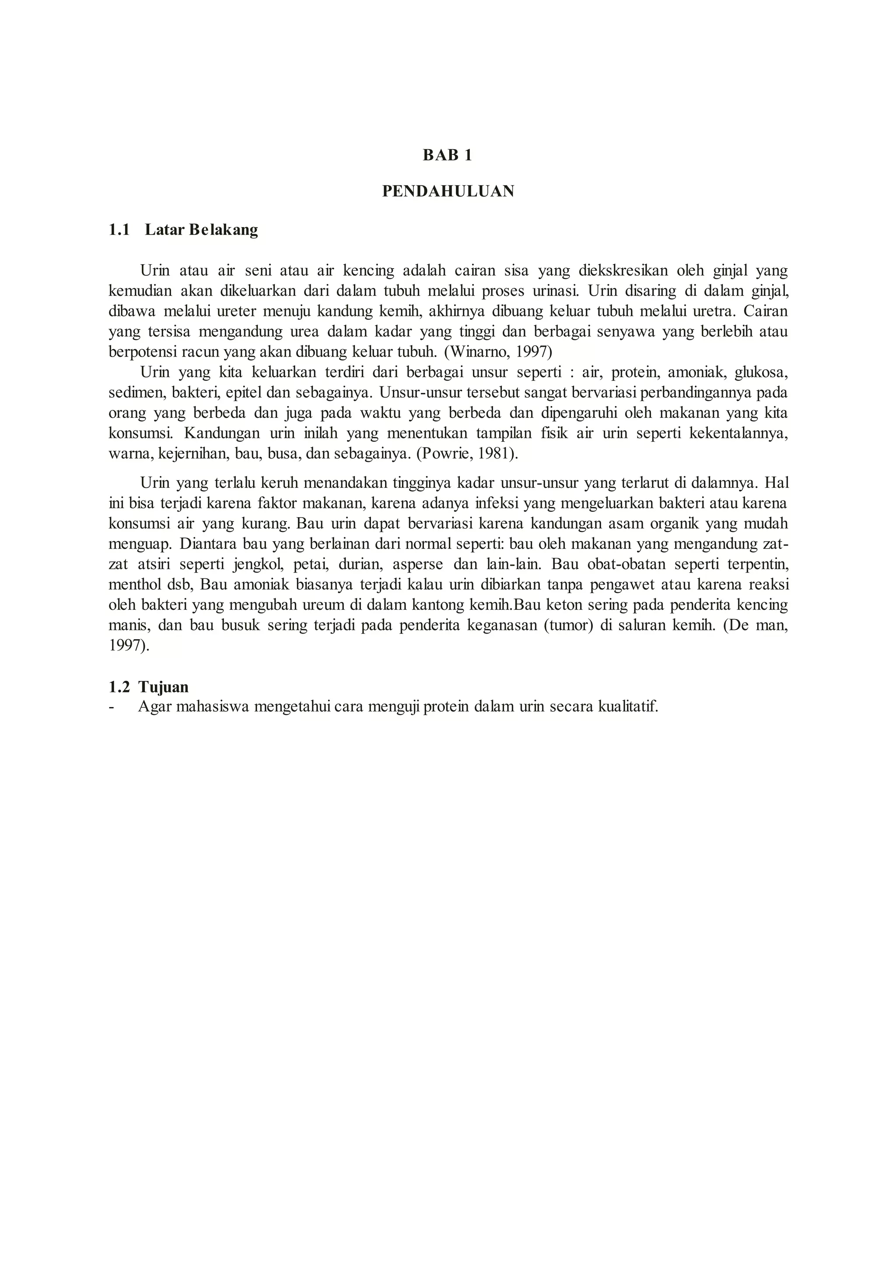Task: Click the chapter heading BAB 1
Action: [x=448, y=156]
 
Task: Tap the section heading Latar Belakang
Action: [x=201, y=230]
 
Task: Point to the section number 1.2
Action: [x=119, y=687]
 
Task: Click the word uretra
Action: [x=714, y=311]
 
